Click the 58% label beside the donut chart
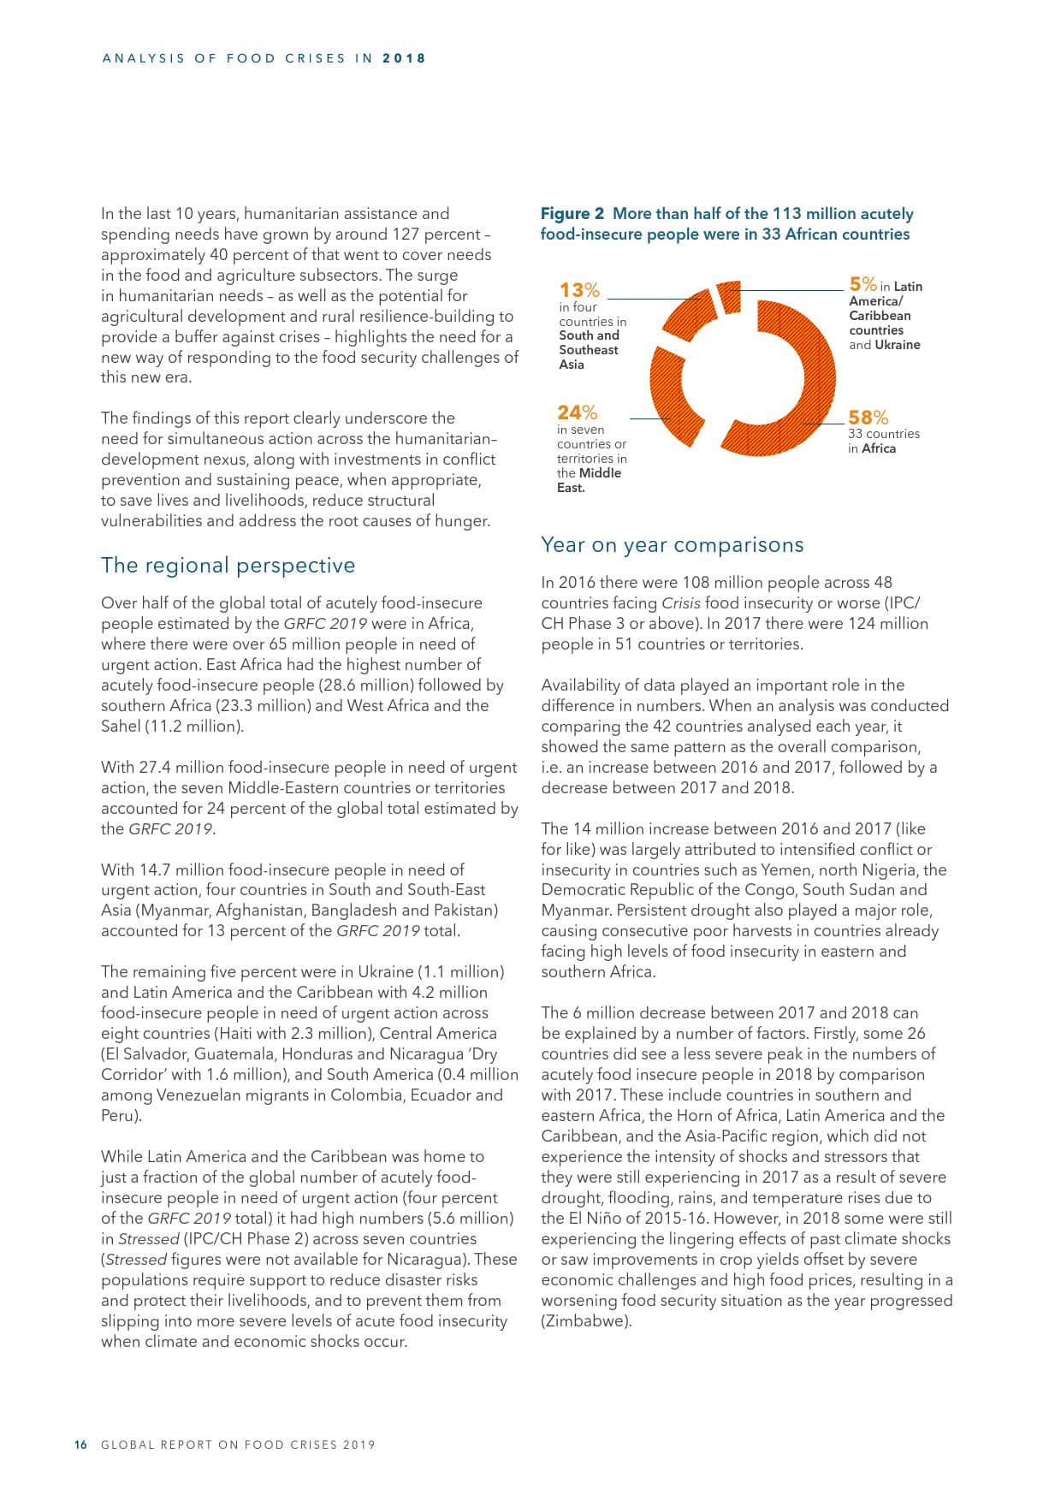coord(868,418)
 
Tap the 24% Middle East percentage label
coord(577,413)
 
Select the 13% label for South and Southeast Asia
coord(579,290)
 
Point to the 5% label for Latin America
coord(862,284)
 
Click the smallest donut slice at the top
coord(729,296)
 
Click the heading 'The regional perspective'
coord(228,566)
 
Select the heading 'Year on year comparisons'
coord(673,545)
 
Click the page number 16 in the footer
coord(81,1445)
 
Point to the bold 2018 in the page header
coord(404,59)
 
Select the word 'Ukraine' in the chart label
coord(898,345)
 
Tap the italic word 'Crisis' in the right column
coord(681,603)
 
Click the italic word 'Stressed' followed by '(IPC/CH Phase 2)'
coord(148,1239)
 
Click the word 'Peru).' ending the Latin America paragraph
coord(120,1116)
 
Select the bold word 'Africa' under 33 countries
coord(879,448)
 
